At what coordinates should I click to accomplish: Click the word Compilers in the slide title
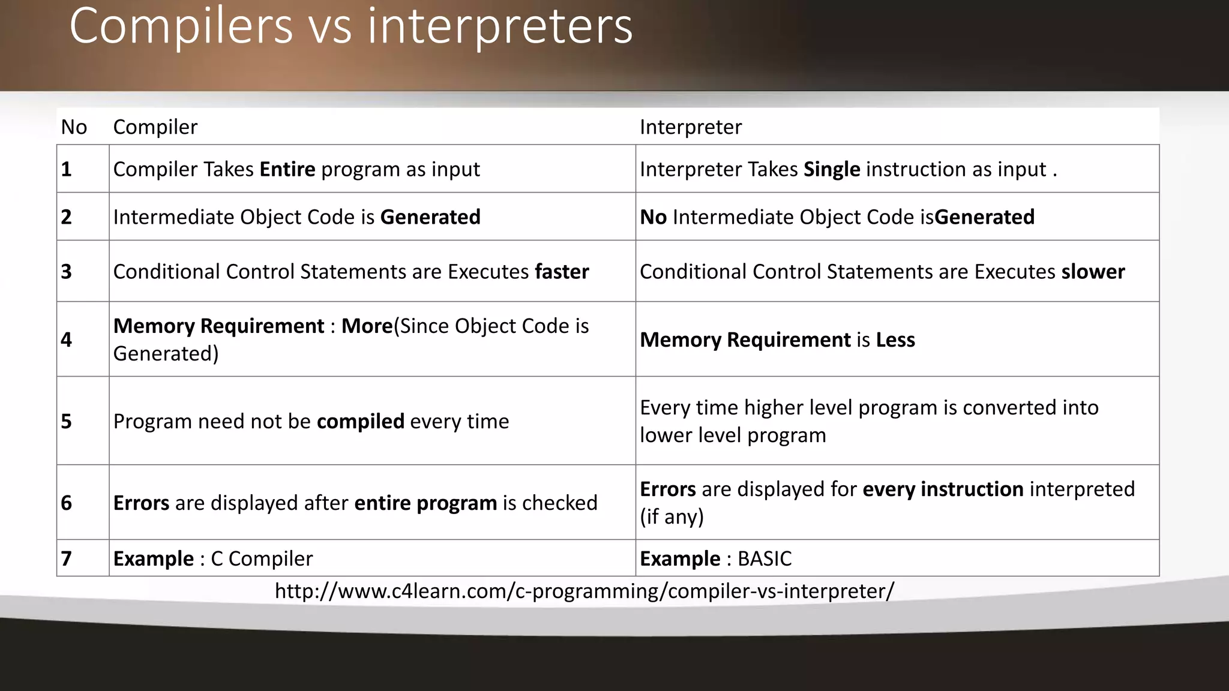point(181,26)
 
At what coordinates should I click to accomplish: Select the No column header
point(74,127)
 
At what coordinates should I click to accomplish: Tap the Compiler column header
point(155,127)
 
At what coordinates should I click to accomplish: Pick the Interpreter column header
point(690,127)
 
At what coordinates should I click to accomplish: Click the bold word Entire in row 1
point(287,170)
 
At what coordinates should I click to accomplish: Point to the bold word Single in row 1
point(832,170)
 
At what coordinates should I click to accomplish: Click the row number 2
point(66,217)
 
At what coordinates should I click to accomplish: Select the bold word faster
point(562,272)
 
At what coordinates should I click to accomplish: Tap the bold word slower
point(1093,272)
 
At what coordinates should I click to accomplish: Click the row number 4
point(66,340)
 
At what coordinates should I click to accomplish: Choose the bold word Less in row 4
point(895,340)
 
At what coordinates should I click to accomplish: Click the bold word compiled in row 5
point(360,422)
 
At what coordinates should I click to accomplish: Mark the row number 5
point(66,422)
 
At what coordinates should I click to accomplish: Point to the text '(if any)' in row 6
point(672,516)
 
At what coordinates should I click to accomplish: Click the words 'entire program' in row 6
point(425,503)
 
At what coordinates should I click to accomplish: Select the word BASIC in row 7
point(765,559)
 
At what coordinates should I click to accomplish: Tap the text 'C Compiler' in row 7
point(262,559)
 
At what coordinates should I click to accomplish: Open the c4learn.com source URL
point(584,591)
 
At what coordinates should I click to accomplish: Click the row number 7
point(66,559)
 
